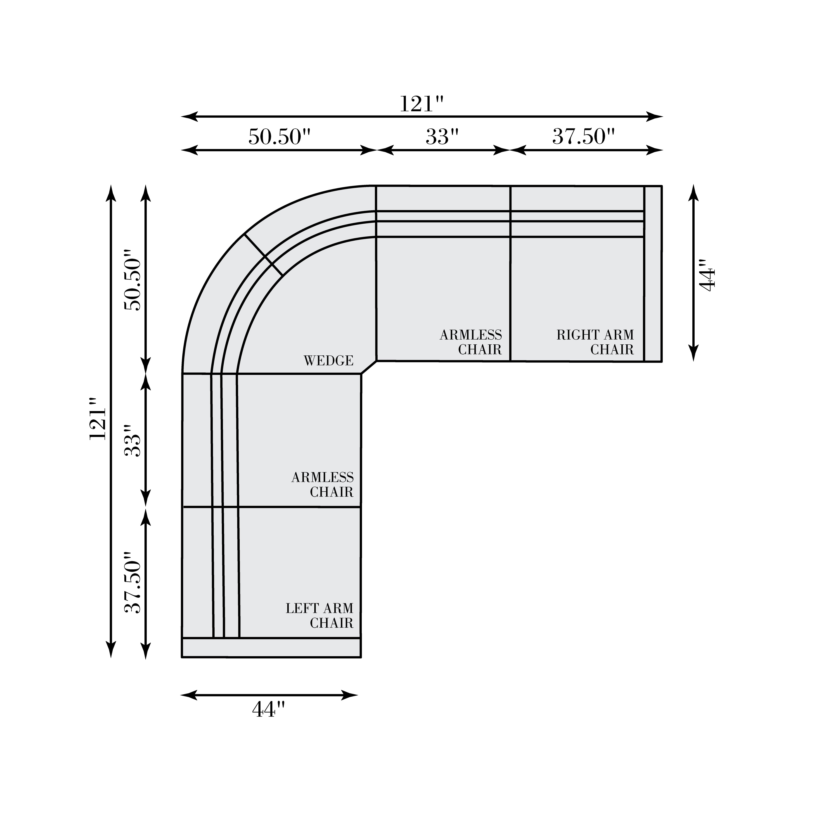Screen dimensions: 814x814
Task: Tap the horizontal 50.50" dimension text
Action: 279,137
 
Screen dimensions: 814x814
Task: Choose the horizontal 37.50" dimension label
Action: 584,137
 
